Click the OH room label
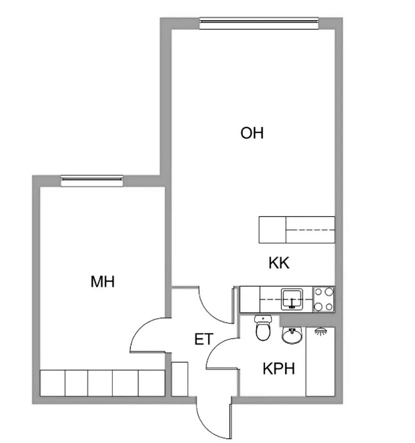pos(252,133)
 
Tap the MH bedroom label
pos(103,282)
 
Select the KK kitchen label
pos(279,263)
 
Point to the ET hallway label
pos(204,339)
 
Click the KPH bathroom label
pos(279,369)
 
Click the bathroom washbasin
pos(293,336)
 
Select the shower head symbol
pos(321,331)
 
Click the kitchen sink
pos(292,299)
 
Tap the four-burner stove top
pos(324,299)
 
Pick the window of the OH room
pos(259,23)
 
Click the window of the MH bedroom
pos(92,181)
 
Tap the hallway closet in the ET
pos(180,379)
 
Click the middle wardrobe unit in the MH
pos(100,383)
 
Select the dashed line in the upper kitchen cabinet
pos(310,230)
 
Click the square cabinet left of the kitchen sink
pos(250,299)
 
